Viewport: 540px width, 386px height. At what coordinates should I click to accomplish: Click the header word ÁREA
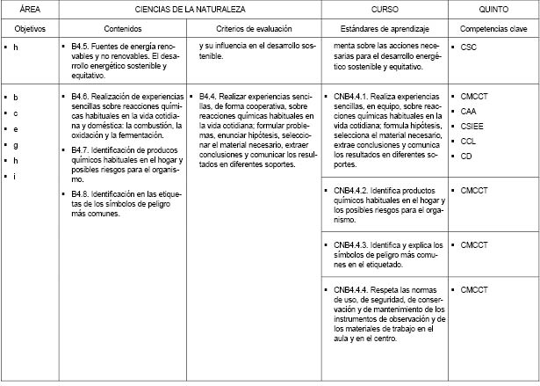(x=18, y=9)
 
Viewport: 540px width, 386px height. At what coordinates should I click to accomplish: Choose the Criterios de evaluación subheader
(x=255, y=28)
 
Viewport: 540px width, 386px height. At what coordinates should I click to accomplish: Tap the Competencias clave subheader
(x=494, y=28)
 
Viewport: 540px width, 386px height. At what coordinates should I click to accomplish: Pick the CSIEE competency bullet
(x=473, y=127)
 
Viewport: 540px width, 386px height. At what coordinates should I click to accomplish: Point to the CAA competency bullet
(x=470, y=111)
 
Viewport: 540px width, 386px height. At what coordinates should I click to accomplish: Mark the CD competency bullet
(x=467, y=157)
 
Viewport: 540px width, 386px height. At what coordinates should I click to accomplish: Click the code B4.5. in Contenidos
(x=83, y=46)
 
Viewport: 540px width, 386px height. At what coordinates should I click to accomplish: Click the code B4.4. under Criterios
(x=211, y=95)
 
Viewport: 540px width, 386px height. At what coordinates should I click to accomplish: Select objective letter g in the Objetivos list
(x=16, y=144)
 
